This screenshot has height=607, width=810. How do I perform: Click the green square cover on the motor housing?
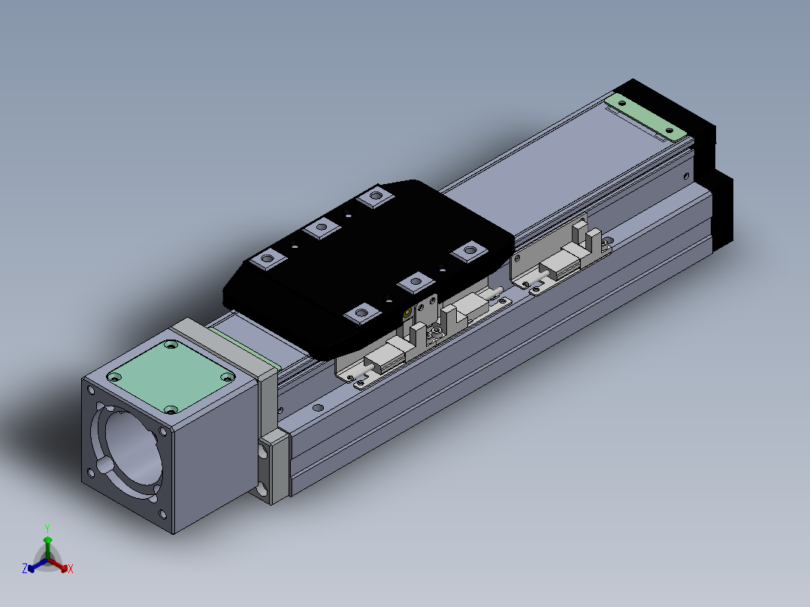coord(171,376)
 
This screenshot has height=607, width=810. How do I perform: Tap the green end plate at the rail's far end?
coord(645,116)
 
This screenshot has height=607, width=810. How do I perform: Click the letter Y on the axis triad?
coord(47,529)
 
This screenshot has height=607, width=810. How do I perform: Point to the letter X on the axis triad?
coord(71,569)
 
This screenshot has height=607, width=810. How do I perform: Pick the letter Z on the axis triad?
coord(25,569)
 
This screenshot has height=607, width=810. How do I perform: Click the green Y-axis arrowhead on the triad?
coord(47,540)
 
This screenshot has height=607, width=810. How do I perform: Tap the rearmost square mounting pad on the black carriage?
coord(376,196)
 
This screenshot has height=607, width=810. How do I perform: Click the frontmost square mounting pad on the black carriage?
coord(361,313)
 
